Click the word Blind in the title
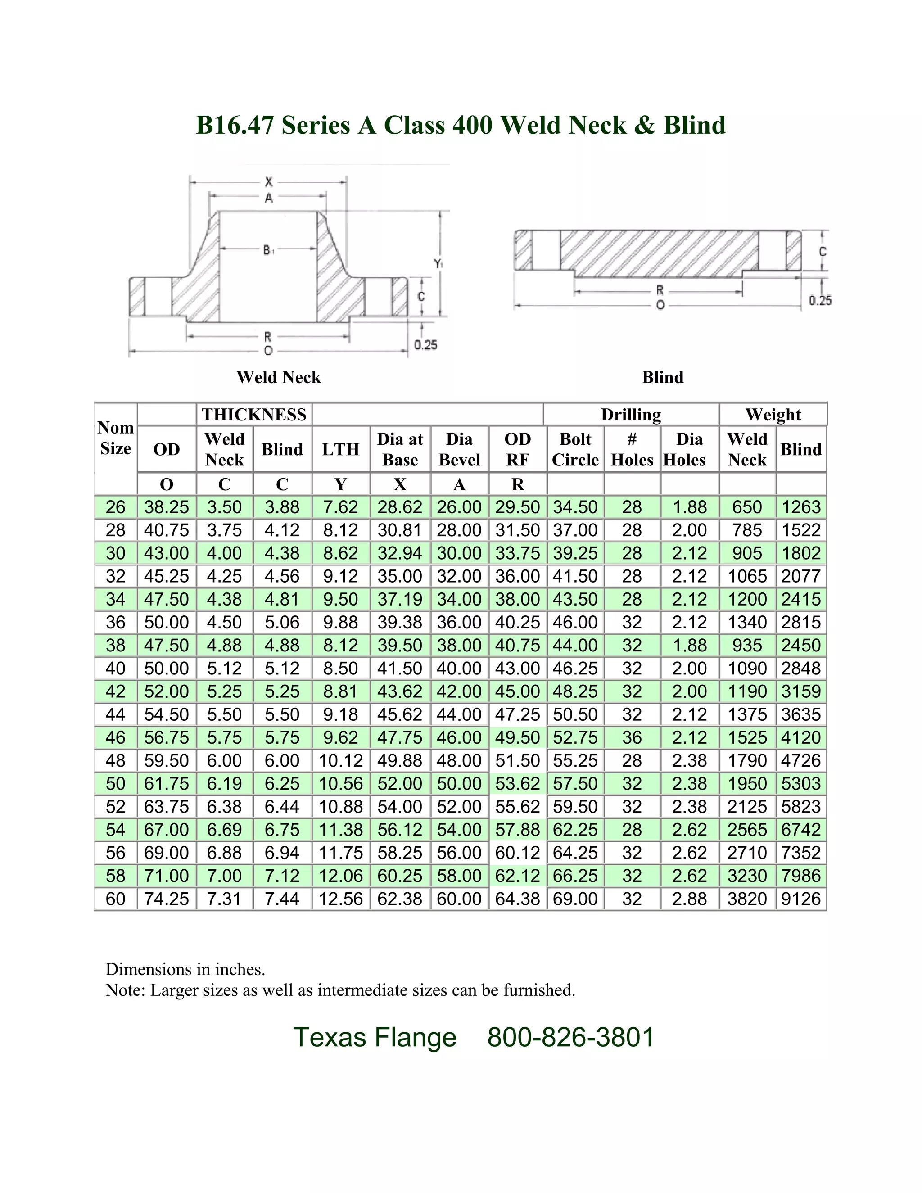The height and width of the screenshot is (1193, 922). (694, 125)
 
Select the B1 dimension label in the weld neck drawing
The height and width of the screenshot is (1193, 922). (269, 250)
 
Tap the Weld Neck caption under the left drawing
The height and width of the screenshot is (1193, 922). (279, 377)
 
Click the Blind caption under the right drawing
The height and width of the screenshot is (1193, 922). (663, 377)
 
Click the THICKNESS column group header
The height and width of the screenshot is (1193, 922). (254, 415)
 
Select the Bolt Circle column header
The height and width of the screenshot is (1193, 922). (575, 449)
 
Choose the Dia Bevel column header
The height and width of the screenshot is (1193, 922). (459, 449)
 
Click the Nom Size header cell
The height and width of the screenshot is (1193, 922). (115, 438)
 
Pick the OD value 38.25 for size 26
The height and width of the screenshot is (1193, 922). (167, 507)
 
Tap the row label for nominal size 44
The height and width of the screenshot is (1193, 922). (115, 714)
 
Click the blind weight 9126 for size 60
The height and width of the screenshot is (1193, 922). (801, 899)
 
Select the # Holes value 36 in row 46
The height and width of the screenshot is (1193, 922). (632, 737)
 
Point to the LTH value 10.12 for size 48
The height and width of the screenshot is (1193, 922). (340, 760)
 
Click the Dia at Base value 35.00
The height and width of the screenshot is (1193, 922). (400, 576)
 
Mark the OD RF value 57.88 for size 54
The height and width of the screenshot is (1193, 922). (517, 830)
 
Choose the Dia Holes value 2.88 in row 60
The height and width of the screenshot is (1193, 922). (689, 899)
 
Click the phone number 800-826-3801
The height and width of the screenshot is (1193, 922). (571, 1037)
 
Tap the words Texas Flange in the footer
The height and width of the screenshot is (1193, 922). (375, 1037)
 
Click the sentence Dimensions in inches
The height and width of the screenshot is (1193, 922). (185, 969)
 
